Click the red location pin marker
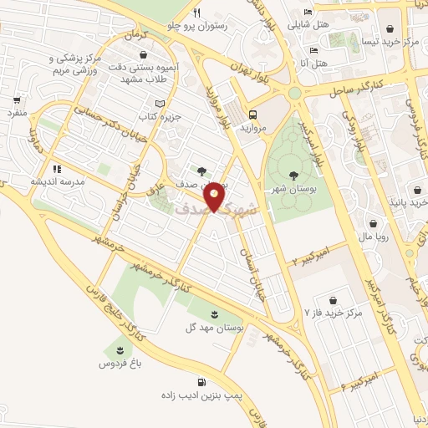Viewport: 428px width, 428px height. pos(215,196)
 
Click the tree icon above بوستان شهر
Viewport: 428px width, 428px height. pos(293,175)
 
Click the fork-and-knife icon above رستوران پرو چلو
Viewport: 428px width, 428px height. pos(197,13)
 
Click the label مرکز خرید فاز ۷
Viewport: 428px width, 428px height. pos(334,314)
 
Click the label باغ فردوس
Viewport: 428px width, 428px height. pos(119,364)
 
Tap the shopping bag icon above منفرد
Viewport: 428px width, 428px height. pos(16,98)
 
